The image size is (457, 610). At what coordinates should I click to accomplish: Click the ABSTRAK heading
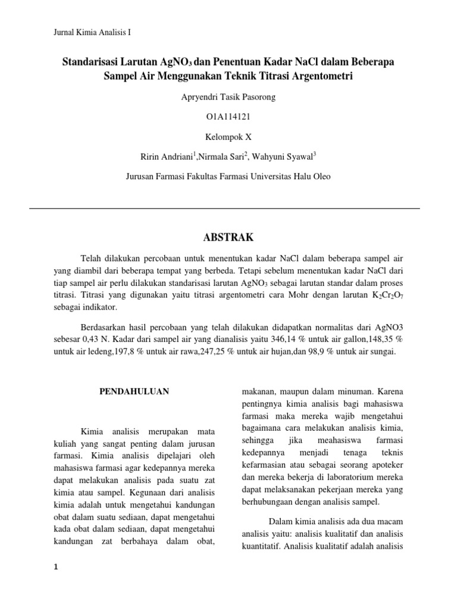pyautogui.click(x=228, y=238)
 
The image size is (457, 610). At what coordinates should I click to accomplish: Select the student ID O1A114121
pyautogui.click(x=228, y=116)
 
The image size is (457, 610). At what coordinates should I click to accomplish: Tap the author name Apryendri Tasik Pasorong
pyautogui.click(x=228, y=97)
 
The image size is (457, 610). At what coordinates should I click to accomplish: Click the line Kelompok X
pyautogui.click(x=228, y=136)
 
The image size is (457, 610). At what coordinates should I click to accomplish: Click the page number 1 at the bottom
pyautogui.click(x=56, y=567)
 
